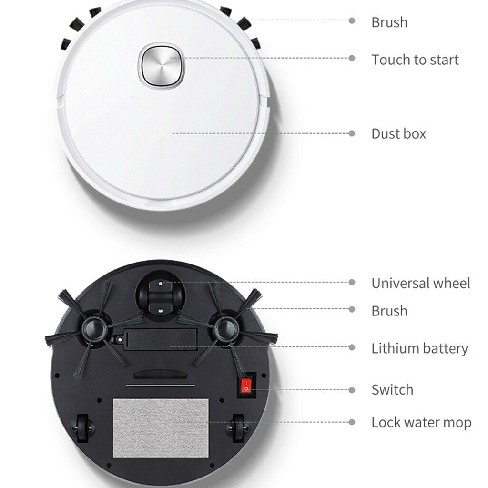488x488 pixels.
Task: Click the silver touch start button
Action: pos(162,66)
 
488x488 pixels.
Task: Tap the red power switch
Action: pos(246,385)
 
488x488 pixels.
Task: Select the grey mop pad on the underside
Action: pos(161,427)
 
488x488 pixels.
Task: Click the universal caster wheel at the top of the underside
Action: pos(160,296)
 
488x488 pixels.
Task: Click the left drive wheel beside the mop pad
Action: pos(82,428)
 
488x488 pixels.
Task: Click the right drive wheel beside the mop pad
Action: pos(238,428)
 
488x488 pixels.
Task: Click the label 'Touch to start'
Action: pos(415,60)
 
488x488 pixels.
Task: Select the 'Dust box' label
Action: pos(399,134)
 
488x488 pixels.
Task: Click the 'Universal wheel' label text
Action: pos(421,283)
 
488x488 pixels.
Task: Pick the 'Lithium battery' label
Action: pos(420,348)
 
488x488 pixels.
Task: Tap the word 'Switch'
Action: pos(393,390)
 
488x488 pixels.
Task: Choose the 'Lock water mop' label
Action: pos(421,423)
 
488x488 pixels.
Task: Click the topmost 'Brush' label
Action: pos(389,22)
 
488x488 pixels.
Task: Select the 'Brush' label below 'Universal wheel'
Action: pos(389,311)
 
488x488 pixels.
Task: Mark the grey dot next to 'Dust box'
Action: pos(352,133)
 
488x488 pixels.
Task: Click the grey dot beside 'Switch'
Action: pos(352,390)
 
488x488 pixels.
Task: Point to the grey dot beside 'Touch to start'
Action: pos(352,58)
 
